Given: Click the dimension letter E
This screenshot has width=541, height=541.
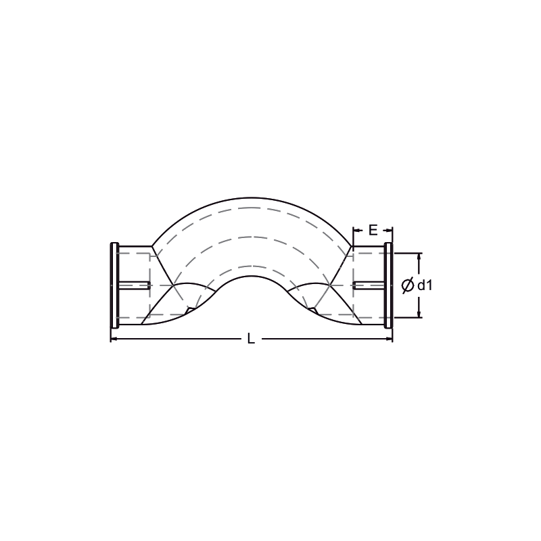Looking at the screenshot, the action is click(x=373, y=230).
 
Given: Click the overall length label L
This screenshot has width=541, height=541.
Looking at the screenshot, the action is click(x=251, y=339).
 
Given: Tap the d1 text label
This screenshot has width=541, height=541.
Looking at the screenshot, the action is click(x=425, y=285).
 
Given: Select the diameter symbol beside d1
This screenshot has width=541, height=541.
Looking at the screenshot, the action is click(x=408, y=285).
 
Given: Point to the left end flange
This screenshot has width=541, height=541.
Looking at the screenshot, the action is click(x=114, y=285).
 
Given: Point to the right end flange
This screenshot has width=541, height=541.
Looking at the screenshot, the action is click(x=388, y=285).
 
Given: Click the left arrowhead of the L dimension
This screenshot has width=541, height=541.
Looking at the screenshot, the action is click(x=114, y=339).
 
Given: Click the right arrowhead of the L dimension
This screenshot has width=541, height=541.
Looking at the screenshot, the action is click(x=390, y=339).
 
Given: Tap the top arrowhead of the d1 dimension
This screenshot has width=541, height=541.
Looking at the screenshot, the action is click(x=419, y=257).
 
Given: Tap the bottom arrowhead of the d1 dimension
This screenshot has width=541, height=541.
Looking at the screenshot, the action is click(x=419, y=314).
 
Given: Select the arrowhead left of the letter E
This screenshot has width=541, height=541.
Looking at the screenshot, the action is click(x=356, y=230).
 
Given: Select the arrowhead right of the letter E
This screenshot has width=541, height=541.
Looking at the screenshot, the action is click(x=389, y=230).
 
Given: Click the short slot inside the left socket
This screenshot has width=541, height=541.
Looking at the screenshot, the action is click(x=135, y=285).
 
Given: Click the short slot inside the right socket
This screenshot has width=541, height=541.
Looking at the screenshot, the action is click(x=369, y=285).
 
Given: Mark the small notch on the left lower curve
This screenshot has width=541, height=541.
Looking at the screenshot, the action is click(x=189, y=310).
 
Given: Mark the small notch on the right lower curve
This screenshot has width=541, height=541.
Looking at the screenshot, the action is click(x=313, y=310).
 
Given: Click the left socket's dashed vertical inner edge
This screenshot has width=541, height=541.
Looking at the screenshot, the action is click(x=149, y=285).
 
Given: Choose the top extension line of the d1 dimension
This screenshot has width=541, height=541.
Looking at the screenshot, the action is click(x=408, y=253).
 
